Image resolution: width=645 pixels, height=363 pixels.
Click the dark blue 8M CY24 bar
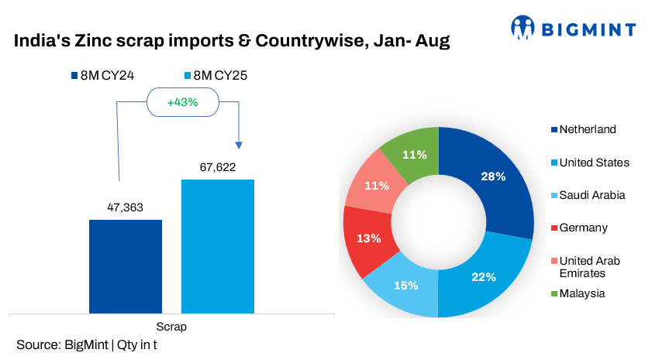tap(126, 266)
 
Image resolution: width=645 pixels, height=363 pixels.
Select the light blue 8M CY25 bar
tap(218, 246)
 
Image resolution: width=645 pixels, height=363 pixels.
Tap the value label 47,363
tap(126, 207)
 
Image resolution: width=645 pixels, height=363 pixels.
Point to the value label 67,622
tap(218, 167)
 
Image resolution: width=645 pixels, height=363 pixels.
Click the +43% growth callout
tap(182, 101)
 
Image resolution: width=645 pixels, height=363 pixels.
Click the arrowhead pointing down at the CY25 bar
tap(239, 146)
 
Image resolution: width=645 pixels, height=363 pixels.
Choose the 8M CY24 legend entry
tap(102, 76)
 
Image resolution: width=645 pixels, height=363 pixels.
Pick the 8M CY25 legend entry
tap(215, 76)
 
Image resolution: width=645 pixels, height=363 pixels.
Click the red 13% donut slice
tap(367, 238)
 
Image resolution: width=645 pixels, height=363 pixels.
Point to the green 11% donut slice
tap(414, 155)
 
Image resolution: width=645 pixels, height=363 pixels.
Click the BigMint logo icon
tap(523, 29)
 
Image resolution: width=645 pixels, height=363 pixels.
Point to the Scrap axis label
tap(171, 327)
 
